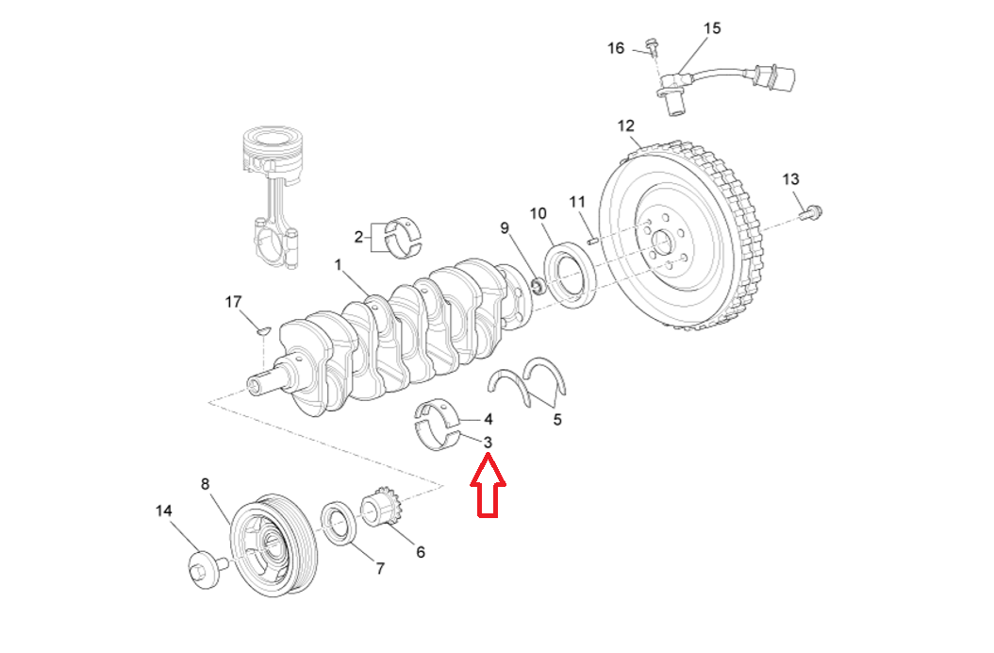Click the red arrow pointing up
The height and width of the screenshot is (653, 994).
[x=489, y=485]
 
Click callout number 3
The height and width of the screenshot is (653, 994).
[x=488, y=442]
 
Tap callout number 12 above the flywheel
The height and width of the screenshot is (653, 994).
[x=626, y=126]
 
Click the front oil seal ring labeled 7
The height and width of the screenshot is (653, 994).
[x=340, y=524]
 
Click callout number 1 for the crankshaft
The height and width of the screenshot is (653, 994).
[x=338, y=266]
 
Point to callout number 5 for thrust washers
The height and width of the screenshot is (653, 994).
[x=557, y=419]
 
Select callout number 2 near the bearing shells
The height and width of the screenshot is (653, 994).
[x=359, y=236]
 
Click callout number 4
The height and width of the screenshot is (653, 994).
[x=488, y=419]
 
